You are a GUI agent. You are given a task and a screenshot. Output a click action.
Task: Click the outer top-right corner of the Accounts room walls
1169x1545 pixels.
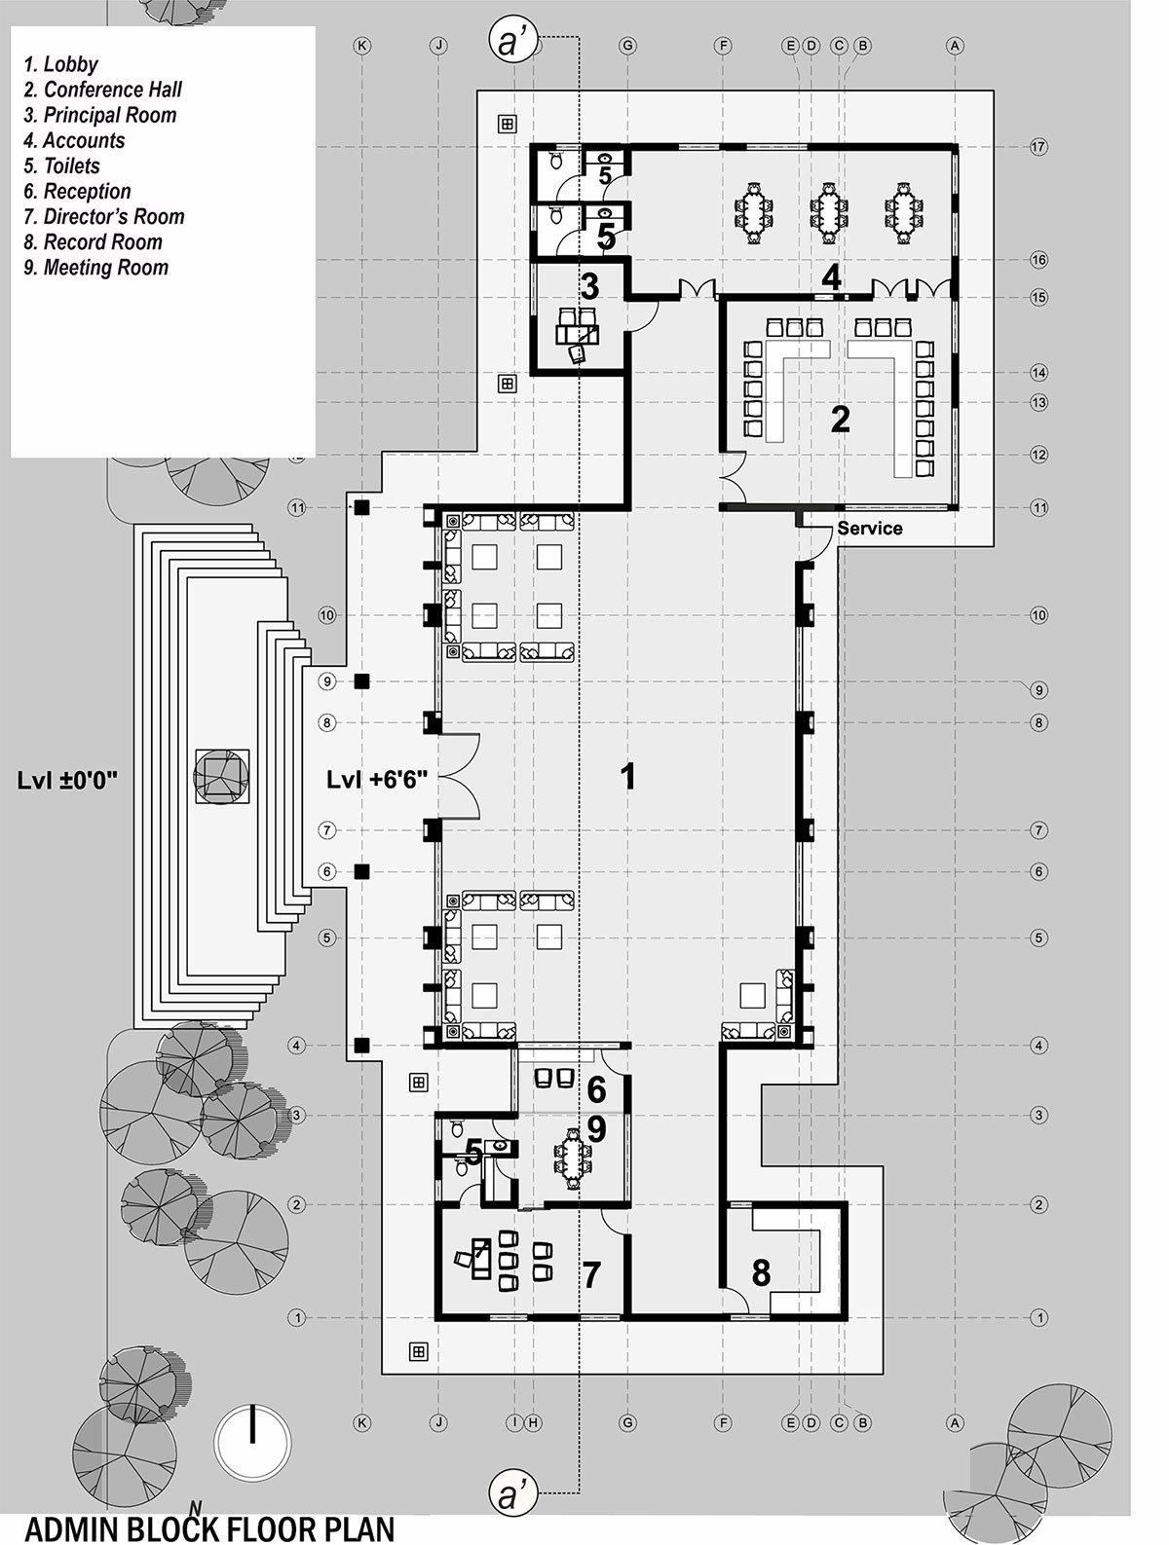[958, 144]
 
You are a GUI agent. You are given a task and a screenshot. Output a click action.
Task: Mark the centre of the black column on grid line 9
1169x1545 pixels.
[362, 681]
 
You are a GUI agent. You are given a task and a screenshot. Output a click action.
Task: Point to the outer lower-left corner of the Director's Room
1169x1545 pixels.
[435, 1317]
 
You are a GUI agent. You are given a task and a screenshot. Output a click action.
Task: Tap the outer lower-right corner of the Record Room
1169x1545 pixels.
[847, 1317]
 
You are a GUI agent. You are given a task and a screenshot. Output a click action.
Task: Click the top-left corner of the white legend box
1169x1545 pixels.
[12, 26]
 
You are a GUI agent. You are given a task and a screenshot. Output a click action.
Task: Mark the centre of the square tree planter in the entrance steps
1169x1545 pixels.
[221, 776]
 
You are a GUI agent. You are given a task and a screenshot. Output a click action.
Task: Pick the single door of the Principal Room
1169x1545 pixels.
[641, 316]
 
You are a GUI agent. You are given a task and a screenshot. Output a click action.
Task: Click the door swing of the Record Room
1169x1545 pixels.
[735, 1300]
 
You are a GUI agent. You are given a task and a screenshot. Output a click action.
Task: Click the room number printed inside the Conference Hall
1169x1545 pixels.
[840, 420]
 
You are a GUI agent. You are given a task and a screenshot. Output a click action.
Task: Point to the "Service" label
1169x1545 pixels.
[870, 528]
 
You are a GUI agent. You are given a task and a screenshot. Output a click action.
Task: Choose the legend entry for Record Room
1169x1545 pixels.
[93, 242]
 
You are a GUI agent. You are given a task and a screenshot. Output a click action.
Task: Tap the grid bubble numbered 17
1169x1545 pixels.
[1038, 147]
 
